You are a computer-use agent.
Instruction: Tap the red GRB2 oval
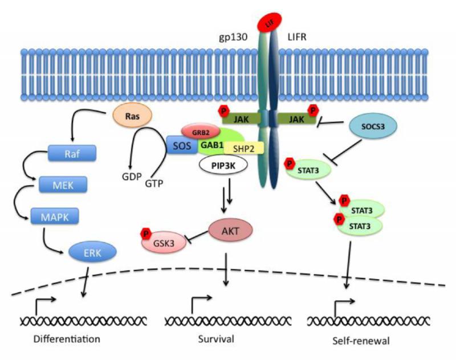tap(199, 131)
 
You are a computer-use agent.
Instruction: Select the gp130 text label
tap(235, 36)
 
